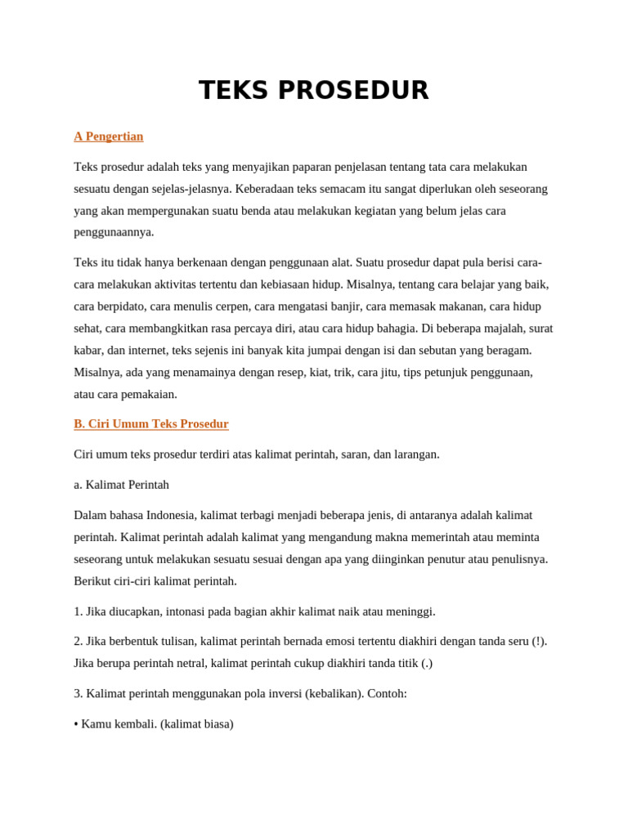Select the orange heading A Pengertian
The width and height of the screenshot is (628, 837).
109,137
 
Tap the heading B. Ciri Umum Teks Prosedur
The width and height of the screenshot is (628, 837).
151,424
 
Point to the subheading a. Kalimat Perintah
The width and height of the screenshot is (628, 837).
122,485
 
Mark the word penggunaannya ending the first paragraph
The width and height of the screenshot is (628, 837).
114,232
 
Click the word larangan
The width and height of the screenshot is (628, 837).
415,454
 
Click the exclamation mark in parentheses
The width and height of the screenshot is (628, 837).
539,642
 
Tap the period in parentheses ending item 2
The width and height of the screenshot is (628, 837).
427,663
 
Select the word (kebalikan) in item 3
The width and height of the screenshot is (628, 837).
334,694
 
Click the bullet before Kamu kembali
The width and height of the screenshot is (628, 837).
76,724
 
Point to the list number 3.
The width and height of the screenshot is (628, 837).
78,694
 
